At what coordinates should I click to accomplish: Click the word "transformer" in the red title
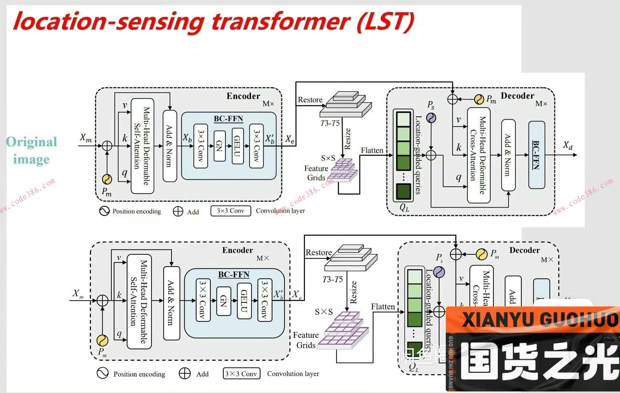(x=280, y=22)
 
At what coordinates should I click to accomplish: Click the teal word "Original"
(x=32, y=142)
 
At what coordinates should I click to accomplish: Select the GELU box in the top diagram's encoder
(x=237, y=146)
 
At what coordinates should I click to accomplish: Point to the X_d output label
(x=567, y=145)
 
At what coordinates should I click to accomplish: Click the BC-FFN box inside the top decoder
(x=536, y=155)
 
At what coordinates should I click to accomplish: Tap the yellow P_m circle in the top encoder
(x=107, y=179)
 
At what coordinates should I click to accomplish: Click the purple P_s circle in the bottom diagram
(x=439, y=272)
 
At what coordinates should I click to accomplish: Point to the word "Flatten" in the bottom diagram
(x=383, y=306)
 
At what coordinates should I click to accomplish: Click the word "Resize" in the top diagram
(x=347, y=139)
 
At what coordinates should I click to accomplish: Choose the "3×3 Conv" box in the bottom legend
(x=241, y=374)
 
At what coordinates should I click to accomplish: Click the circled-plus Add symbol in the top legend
(x=178, y=211)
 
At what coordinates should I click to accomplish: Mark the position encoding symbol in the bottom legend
(x=103, y=373)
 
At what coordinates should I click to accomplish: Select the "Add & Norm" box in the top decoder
(x=508, y=155)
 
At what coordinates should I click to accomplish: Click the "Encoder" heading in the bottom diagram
(x=237, y=250)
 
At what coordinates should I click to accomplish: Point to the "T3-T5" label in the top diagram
(x=330, y=123)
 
